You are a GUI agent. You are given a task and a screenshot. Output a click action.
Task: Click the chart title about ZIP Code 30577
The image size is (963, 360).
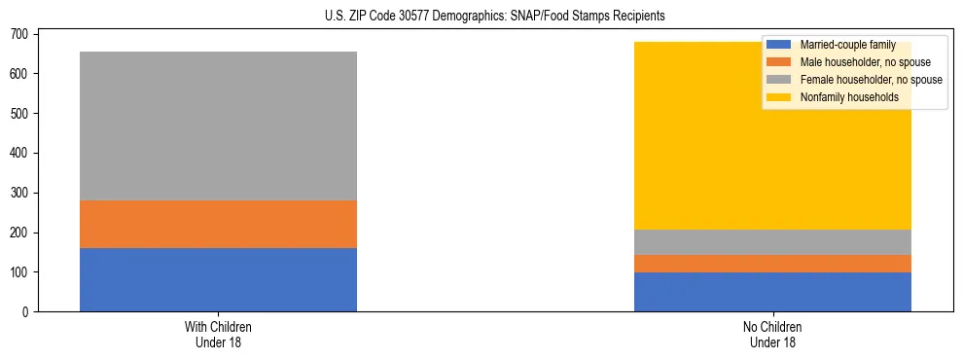pyautogui.click(x=482, y=17)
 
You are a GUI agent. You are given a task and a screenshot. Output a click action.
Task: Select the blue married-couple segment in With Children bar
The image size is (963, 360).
pyautogui.click(x=218, y=280)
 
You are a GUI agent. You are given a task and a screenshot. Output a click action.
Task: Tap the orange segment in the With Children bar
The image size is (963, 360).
pyautogui.click(x=218, y=225)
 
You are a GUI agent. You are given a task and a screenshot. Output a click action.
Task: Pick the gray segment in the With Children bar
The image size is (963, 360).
pyautogui.click(x=218, y=126)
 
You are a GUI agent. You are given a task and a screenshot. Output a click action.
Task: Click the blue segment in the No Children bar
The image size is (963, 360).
pyautogui.click(x=772, y=292)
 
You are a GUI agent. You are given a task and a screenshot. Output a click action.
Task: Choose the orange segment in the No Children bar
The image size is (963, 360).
pyautogui.click(x=772, y=264)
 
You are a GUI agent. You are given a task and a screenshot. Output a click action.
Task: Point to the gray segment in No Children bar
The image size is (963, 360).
pyautogui.click(x=772, y=242)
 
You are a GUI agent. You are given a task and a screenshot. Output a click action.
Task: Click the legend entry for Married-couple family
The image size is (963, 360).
pyautogui.click(x=846, y=45)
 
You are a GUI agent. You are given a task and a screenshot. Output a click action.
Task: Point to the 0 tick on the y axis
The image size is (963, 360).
pyautogui.click(x=28, y=312)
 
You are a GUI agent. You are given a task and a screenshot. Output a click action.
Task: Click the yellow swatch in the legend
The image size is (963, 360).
pyautogui.click(x=779, y=97)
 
